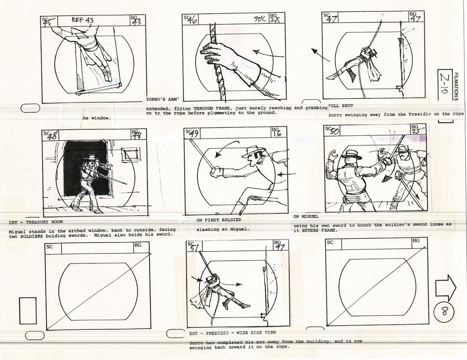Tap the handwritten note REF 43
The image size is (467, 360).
click(x=82, y=20)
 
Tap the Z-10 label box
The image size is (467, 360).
click(x=444, y=87)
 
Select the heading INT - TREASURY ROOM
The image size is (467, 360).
click(x=36, y=222)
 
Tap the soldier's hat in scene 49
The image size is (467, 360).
click(x=254, y=151)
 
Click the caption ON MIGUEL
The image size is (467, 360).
click(x=306, y=217)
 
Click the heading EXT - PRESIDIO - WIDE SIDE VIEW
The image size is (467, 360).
click(x=232, y=333)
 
